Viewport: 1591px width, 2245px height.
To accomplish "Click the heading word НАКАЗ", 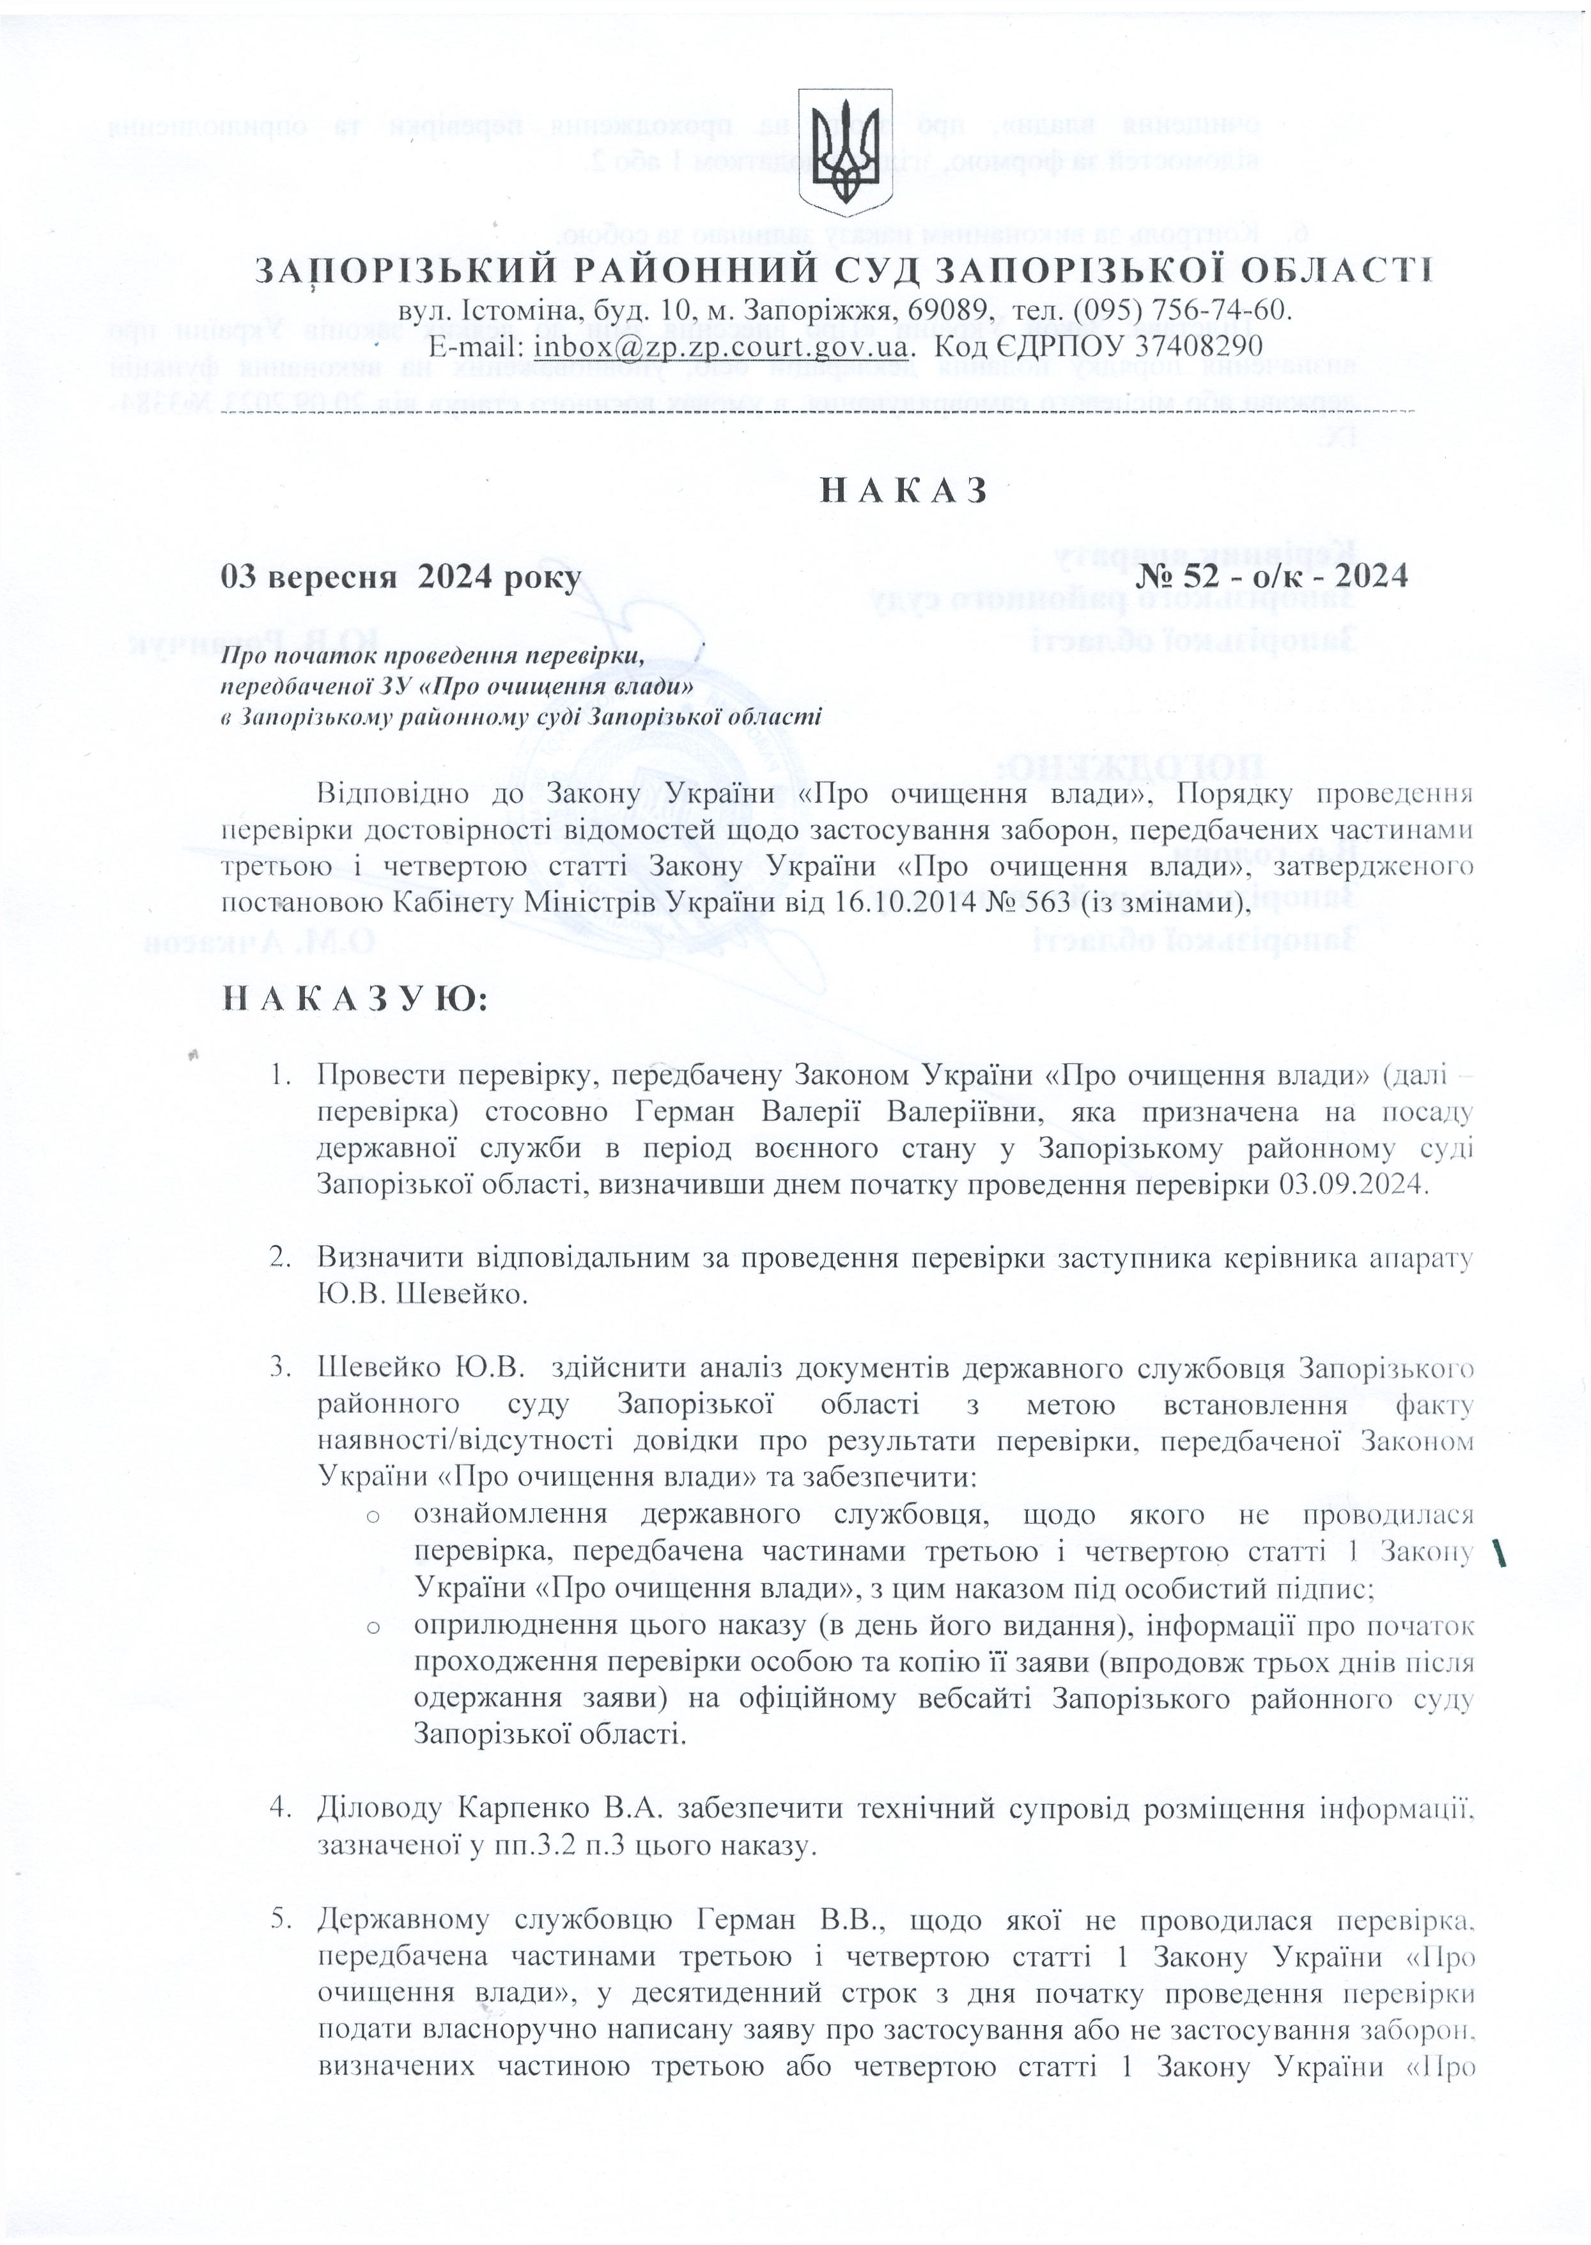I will pos(903,490).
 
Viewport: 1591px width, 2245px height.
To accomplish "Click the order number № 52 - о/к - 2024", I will pos(1271,576).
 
